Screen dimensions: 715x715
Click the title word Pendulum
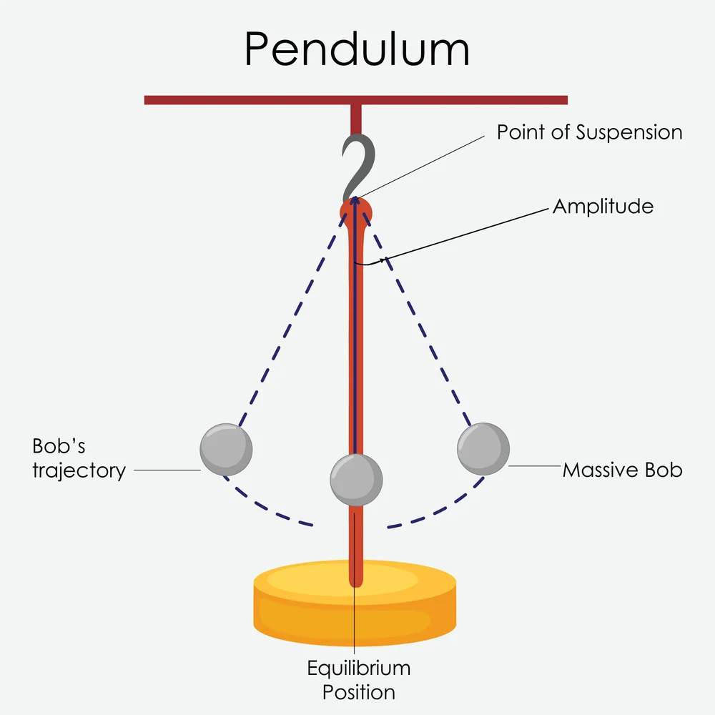(357, 50)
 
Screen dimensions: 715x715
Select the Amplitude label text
(603, 207)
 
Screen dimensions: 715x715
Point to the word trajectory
(79, 470)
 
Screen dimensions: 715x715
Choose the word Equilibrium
(359, 669)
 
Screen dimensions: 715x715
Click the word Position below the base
(359, 692)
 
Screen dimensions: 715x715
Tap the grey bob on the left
(225, 449)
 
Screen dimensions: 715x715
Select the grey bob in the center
(356, 479)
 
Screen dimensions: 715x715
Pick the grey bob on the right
(483, 448)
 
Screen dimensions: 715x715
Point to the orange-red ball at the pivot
(355, 211)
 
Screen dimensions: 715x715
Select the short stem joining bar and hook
(355, 118)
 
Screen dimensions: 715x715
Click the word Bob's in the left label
(59, 446)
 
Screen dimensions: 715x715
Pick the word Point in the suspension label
(521, 132)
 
